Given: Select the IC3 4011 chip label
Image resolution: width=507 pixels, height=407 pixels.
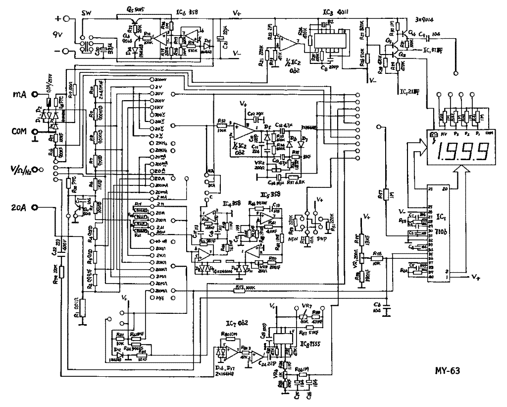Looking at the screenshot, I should [331, 11].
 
